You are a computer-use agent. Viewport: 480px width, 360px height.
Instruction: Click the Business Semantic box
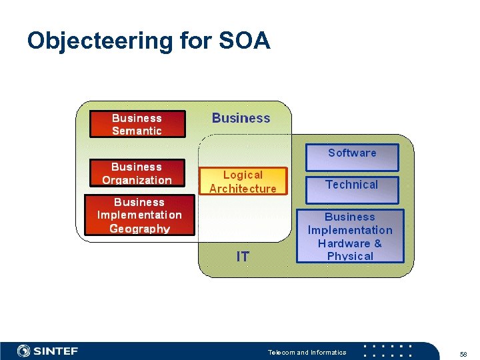(137, 124)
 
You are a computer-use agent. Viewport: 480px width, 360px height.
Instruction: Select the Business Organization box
(137, 173)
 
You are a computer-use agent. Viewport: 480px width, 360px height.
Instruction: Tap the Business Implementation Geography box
(139, 215)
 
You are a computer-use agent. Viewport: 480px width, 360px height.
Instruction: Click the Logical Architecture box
(243, 181)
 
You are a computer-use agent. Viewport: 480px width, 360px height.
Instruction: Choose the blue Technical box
(352, 189)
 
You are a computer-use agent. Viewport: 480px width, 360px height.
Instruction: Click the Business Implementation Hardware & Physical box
(350, 236)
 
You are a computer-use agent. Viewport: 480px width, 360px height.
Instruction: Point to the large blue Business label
(241, 118)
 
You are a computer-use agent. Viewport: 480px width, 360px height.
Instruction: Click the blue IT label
(243, 257)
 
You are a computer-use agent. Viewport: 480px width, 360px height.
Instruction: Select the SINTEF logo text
(56, 351)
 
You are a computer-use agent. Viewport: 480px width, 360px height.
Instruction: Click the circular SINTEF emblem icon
(24, 351)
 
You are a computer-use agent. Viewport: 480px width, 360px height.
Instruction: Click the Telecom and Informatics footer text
(307, 352)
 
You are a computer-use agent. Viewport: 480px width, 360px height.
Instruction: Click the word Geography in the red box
(139, 229)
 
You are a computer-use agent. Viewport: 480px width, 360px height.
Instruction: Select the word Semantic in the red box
(137, 131)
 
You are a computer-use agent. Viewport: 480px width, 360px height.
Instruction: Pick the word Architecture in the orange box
(243, 189)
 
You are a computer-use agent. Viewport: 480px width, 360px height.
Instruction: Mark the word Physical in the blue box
(350, 256)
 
